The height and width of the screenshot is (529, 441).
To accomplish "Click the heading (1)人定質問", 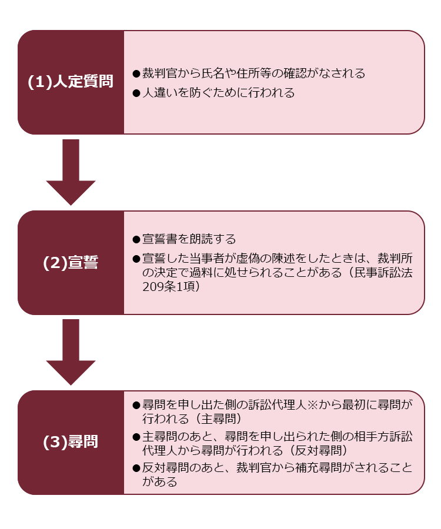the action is [71, 82].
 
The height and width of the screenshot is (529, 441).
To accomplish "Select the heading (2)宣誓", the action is [71, 263].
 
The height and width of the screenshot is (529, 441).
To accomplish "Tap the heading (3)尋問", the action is [71, 441].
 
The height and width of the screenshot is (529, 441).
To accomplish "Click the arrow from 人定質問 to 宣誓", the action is [71, 172].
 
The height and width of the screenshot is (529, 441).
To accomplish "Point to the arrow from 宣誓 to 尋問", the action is [71, 352].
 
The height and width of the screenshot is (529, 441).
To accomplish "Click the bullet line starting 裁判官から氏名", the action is [249, 73].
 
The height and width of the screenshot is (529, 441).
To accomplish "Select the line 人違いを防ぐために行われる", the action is [214, 92].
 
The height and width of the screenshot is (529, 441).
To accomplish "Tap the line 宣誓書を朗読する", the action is [184, 239].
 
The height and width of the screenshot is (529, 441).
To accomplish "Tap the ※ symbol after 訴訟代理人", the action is [312, 404].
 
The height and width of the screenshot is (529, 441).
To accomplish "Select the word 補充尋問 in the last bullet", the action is [319, 468].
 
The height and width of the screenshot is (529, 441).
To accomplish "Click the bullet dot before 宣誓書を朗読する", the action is [136, 240].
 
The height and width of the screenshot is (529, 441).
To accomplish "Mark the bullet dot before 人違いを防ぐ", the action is [136, 93].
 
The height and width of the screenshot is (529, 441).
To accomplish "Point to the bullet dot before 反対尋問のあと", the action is [136, 468].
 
